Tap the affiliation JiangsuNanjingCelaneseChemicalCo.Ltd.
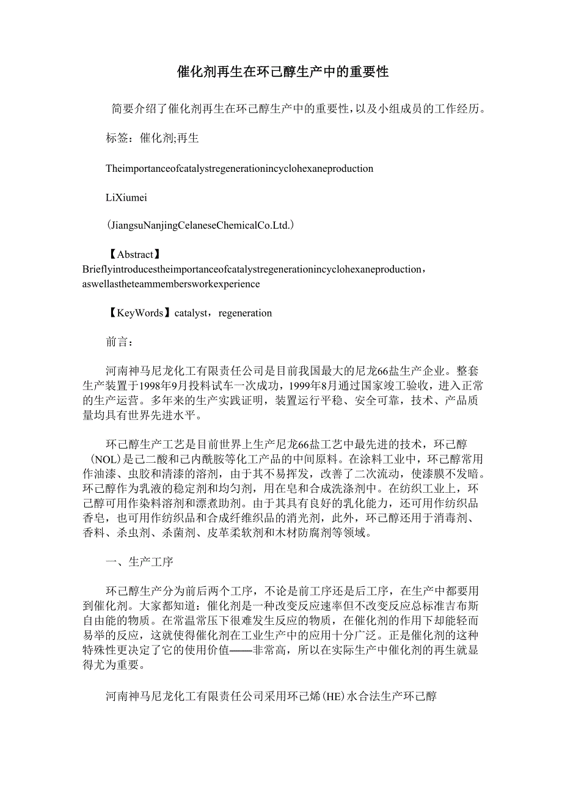point(200,226)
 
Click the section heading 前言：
point(119,342)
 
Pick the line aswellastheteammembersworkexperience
point(171,284)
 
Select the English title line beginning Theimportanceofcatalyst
point(239,168)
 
